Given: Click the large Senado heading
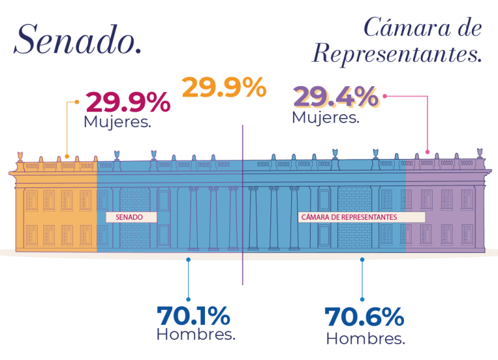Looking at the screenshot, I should point(77,40).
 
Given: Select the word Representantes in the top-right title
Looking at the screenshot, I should point(396,54).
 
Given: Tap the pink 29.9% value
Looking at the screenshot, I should point(128,102).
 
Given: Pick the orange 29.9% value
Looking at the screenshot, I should point(224,88).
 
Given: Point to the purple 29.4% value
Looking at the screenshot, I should point(336,97).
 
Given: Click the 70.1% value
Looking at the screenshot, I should point(193,315).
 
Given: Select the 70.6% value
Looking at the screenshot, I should point(364,317).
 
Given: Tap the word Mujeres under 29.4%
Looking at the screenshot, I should point(326,117).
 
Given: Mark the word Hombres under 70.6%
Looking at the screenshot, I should point(365,338).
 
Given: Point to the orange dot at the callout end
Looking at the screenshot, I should point(77,101).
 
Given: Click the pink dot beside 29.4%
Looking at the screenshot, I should point(385,95).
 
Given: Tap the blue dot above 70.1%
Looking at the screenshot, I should point(188,259).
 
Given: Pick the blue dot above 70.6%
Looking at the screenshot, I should point(362,259).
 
